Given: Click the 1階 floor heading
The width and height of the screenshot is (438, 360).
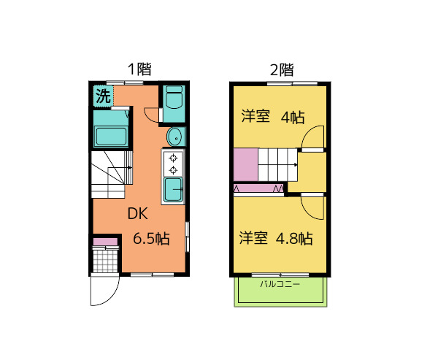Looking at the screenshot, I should [x=139, y=70].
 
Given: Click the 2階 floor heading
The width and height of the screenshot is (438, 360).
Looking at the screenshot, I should [x=282, y=70].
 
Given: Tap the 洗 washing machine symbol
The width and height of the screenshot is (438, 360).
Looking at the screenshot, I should [x=103, y=95].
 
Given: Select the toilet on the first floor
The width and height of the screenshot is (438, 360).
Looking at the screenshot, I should [x=174, y=98].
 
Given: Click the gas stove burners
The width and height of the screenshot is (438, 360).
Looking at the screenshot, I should [x=174, y=164].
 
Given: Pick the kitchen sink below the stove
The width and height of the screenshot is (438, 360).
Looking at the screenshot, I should [x=174, y=191].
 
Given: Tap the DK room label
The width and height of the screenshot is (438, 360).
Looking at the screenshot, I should [x=138, y=215].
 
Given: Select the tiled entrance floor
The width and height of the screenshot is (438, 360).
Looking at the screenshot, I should [x=106, y=260].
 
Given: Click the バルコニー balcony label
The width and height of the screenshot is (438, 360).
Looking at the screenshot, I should [x=280, y=283].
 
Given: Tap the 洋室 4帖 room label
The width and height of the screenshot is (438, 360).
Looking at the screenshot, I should [x=273, y=117].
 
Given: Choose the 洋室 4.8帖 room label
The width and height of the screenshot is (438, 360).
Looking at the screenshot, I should [x=277, y=238].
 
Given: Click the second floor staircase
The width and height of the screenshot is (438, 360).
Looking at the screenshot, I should [x=278, y=164].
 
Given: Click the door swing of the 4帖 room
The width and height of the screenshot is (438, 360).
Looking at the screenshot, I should [x=314, y=138].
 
